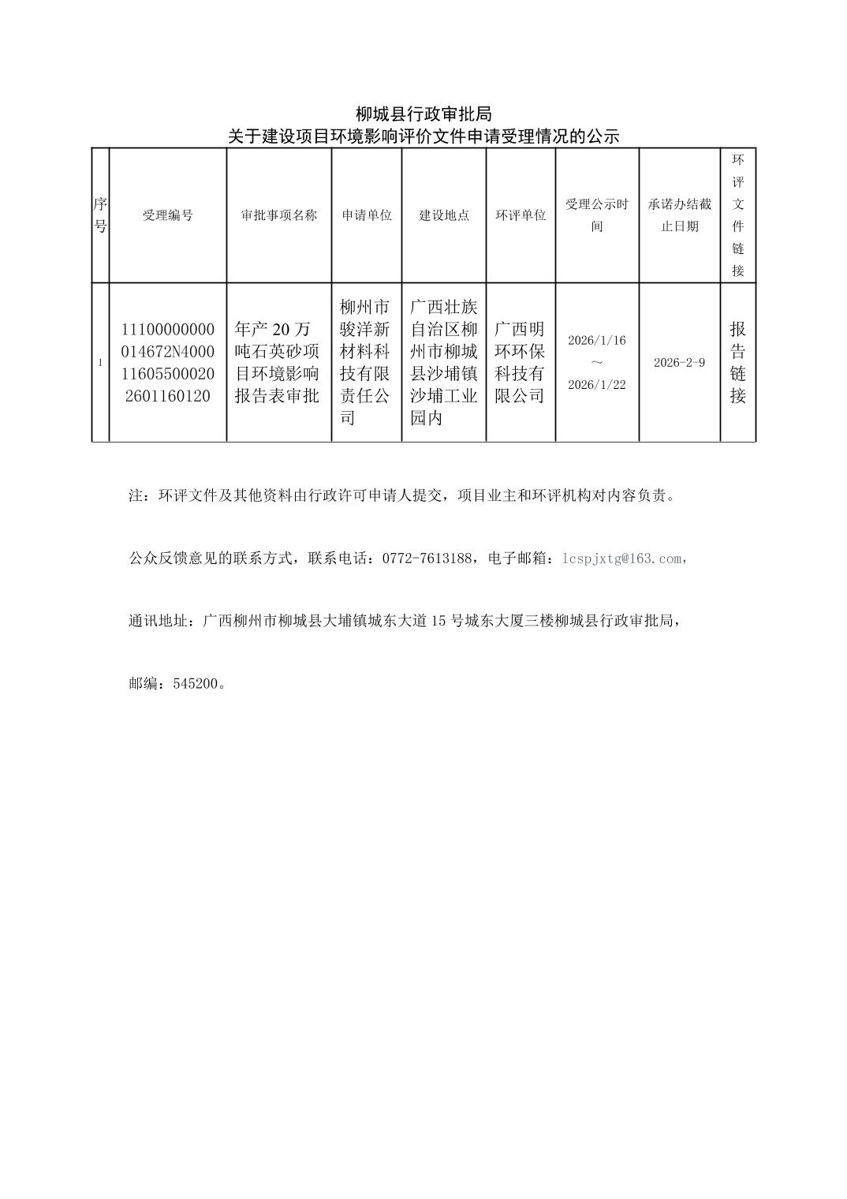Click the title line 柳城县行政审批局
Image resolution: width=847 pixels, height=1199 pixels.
pos(423,114)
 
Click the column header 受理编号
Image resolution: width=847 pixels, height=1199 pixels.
pos(167,215)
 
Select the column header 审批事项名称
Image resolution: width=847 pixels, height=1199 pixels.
pos(278,215)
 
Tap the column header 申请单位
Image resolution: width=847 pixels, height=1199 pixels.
pos(367,215)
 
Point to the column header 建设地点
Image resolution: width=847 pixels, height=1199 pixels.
pos(444,215)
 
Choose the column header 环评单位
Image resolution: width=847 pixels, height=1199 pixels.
pos(521,215)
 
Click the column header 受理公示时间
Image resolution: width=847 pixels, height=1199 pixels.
pos(597,215)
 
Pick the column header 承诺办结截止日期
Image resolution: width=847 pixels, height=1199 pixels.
pos(679,215)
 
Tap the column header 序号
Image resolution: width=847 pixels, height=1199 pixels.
pos(100,215)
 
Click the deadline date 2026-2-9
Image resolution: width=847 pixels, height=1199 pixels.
pos(679,363)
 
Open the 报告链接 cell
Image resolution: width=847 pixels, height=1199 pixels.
pos(737,362)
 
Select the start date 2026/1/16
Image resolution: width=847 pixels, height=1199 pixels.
pos(597,341)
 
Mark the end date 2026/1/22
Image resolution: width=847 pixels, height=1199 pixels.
pos(597,385)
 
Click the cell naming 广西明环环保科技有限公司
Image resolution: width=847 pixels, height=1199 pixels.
pos(521,362)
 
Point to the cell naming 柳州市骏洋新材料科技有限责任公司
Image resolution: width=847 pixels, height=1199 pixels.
pos(367,362)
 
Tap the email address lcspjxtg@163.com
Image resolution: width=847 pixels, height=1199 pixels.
pos(621,558)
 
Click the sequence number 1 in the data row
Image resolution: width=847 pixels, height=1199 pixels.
pos(100,363)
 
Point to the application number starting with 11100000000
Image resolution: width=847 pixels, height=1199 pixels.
pos(167,362)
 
